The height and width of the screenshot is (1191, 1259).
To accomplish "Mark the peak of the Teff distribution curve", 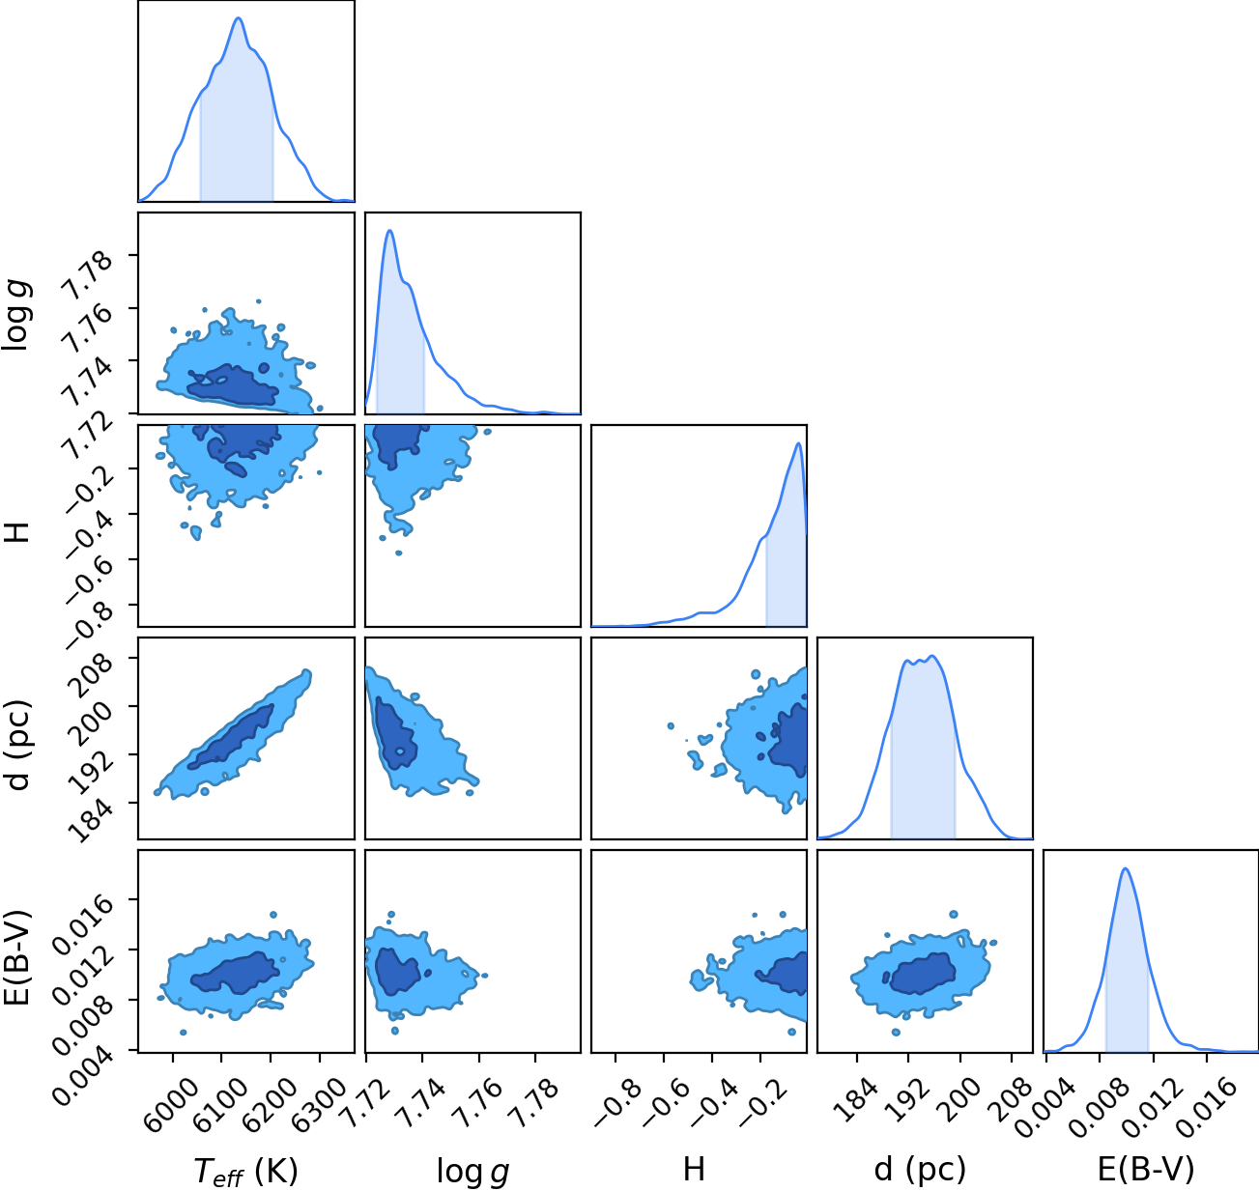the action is pyautogui.click(x=239, y=17).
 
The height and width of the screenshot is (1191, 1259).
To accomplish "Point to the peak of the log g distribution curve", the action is pyautogui.click(x=389, y=231).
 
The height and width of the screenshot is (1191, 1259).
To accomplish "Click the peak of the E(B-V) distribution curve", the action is pyautogui.click(x=1126, y=869).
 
